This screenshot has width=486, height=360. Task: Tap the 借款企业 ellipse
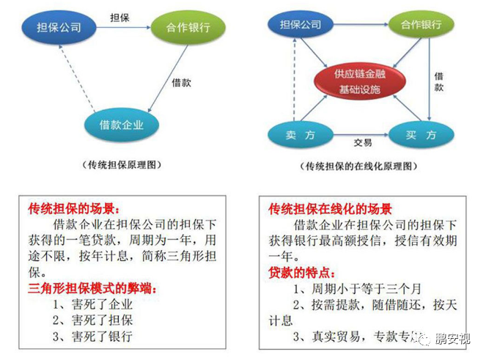(x=122, y=125)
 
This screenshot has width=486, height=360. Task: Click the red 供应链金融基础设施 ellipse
(x=360, y=82)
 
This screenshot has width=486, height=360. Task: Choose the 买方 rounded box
(x=421, y=136)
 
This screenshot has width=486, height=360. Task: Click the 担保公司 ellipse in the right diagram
(x=301, y=26)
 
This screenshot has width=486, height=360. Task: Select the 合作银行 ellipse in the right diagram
(x=421, y=26)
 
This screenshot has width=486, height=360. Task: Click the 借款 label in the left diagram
(x=181, y=83)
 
